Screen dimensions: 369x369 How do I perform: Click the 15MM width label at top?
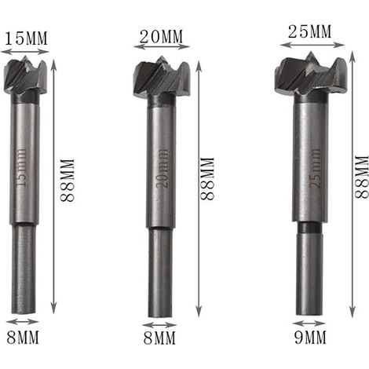pyautogui.click(x=26, y=38)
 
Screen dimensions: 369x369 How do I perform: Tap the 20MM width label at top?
pyautogui.click(x=161, y=37)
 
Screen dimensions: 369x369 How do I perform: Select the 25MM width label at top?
pyautogui.click(x=310, y=31)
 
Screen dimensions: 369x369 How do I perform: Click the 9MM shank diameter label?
pyautogui.click(x=310, y=337)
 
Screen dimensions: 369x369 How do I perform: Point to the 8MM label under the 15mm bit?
pyautogui.click(x=23, y=337)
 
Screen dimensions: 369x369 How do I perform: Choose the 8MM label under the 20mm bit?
pyautogui.click(x=159, y=338)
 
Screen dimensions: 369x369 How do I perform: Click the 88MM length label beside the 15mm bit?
pyautogui.click(x=68, y=180)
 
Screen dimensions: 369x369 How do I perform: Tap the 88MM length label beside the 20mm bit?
pyautogui.click(x=207, y=179)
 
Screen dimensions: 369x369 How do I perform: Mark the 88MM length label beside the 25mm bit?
pyautogui.click(x=362, y=177)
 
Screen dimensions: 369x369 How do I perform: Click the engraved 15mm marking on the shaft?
pyautogui.click(x=22, y=167)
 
